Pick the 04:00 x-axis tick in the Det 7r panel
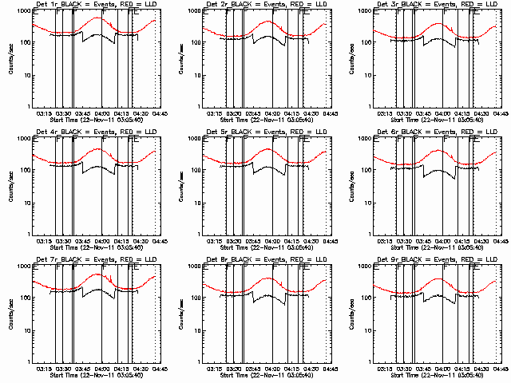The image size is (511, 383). point(102,369)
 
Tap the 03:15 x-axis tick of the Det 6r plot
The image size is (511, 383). point(384,241)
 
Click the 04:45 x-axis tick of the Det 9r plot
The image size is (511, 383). point(500,369)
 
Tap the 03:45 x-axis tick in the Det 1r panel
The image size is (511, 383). point(83,113)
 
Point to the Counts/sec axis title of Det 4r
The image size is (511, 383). point(10,186)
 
